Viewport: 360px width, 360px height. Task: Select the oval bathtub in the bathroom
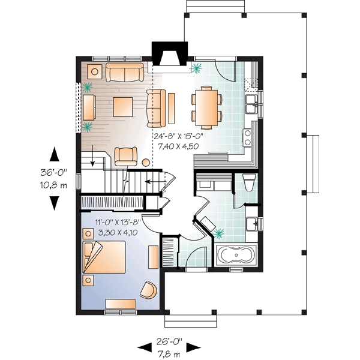[236, 256]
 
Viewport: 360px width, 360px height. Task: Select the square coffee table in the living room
[124, 106]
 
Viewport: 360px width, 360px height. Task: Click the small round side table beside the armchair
[146, 162]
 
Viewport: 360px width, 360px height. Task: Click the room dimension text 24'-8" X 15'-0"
[179, 136]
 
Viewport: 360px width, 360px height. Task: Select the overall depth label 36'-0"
[55, 172]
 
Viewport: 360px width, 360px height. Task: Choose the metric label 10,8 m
[55, 184]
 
